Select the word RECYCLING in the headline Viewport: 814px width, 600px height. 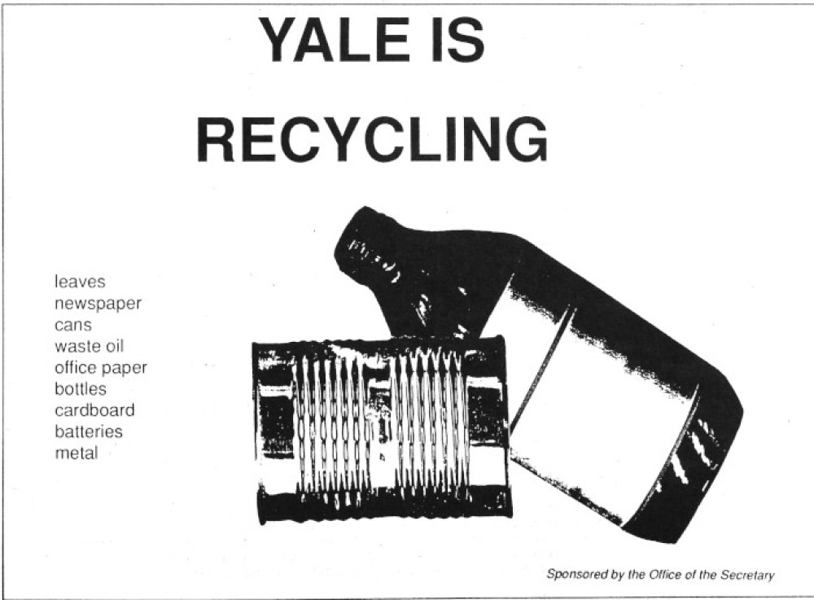[372, 139]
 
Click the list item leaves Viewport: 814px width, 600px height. [80, 282]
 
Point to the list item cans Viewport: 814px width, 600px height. [73, 326]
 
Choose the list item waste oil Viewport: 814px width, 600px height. [90, 346]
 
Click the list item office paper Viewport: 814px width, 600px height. [101, 367]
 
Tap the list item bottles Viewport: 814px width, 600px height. [81, 389]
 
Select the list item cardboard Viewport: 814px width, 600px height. [94, 410]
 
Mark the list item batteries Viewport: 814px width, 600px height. [89, 431]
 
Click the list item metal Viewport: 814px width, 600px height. [77, 453]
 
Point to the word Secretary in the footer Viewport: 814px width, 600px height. [751, 575]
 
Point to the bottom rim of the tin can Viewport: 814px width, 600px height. [384, 506]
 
